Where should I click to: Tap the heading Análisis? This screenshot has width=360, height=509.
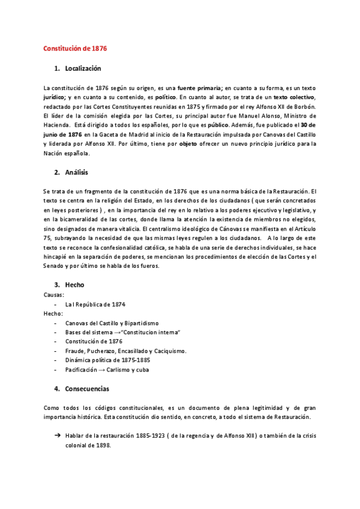click(x=76, y=173)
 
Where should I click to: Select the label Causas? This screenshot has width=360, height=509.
click(x=54, y=295)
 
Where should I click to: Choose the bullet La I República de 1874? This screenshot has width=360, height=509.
click(x=97, y=304)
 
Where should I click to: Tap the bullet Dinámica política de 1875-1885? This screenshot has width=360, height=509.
click(x=107, y=360)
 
